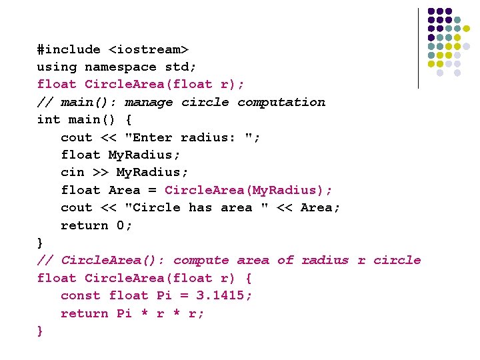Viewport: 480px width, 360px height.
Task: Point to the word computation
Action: point(281,102)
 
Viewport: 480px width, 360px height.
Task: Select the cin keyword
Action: point(73,172)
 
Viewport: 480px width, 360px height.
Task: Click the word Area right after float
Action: point(124,190)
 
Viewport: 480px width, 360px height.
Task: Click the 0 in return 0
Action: point(121,225)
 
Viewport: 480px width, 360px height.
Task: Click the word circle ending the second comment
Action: point(397,260)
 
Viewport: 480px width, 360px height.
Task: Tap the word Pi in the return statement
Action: point(124,313)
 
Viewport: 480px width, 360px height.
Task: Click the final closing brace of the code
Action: point(41,331)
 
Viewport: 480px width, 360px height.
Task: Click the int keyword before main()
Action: point(49,120)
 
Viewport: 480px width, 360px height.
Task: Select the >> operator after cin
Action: point(100,172)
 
